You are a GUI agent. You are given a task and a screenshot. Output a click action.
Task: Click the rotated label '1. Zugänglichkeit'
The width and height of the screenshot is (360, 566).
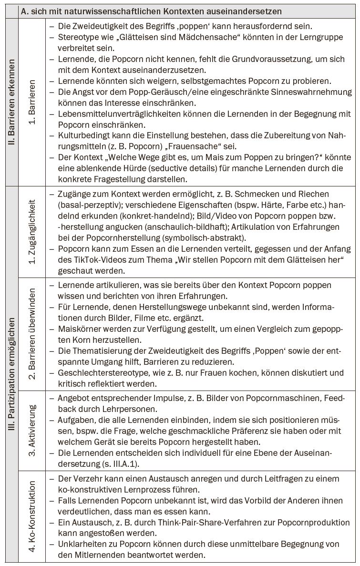(32, 232)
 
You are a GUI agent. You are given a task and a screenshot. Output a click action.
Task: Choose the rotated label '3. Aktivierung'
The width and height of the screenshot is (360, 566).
(32, 431)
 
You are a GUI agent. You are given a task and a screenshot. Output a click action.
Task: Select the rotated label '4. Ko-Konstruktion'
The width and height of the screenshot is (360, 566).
(32, 515)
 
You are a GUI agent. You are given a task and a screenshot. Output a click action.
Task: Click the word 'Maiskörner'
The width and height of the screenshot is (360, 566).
(78, 329)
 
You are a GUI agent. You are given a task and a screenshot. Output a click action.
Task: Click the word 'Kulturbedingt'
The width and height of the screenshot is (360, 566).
(82, 136)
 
